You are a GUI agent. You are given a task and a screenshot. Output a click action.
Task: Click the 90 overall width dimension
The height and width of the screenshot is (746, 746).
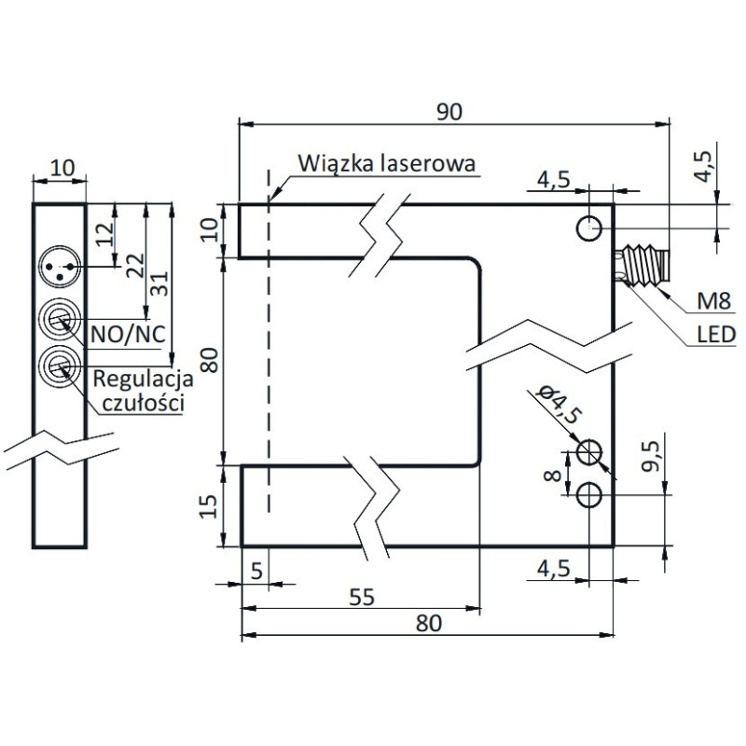(449, 111)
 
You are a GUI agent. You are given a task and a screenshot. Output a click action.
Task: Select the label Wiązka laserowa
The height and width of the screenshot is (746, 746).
(388, 163)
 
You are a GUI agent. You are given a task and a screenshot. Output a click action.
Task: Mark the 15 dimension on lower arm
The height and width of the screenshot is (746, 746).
(210, 505)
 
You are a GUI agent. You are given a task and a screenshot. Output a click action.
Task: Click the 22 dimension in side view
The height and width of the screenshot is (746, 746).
(136, 266)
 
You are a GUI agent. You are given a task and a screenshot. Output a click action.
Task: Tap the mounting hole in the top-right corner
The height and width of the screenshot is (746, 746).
(588, 227)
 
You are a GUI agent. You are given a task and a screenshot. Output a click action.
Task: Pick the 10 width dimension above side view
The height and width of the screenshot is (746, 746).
(61, 168)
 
